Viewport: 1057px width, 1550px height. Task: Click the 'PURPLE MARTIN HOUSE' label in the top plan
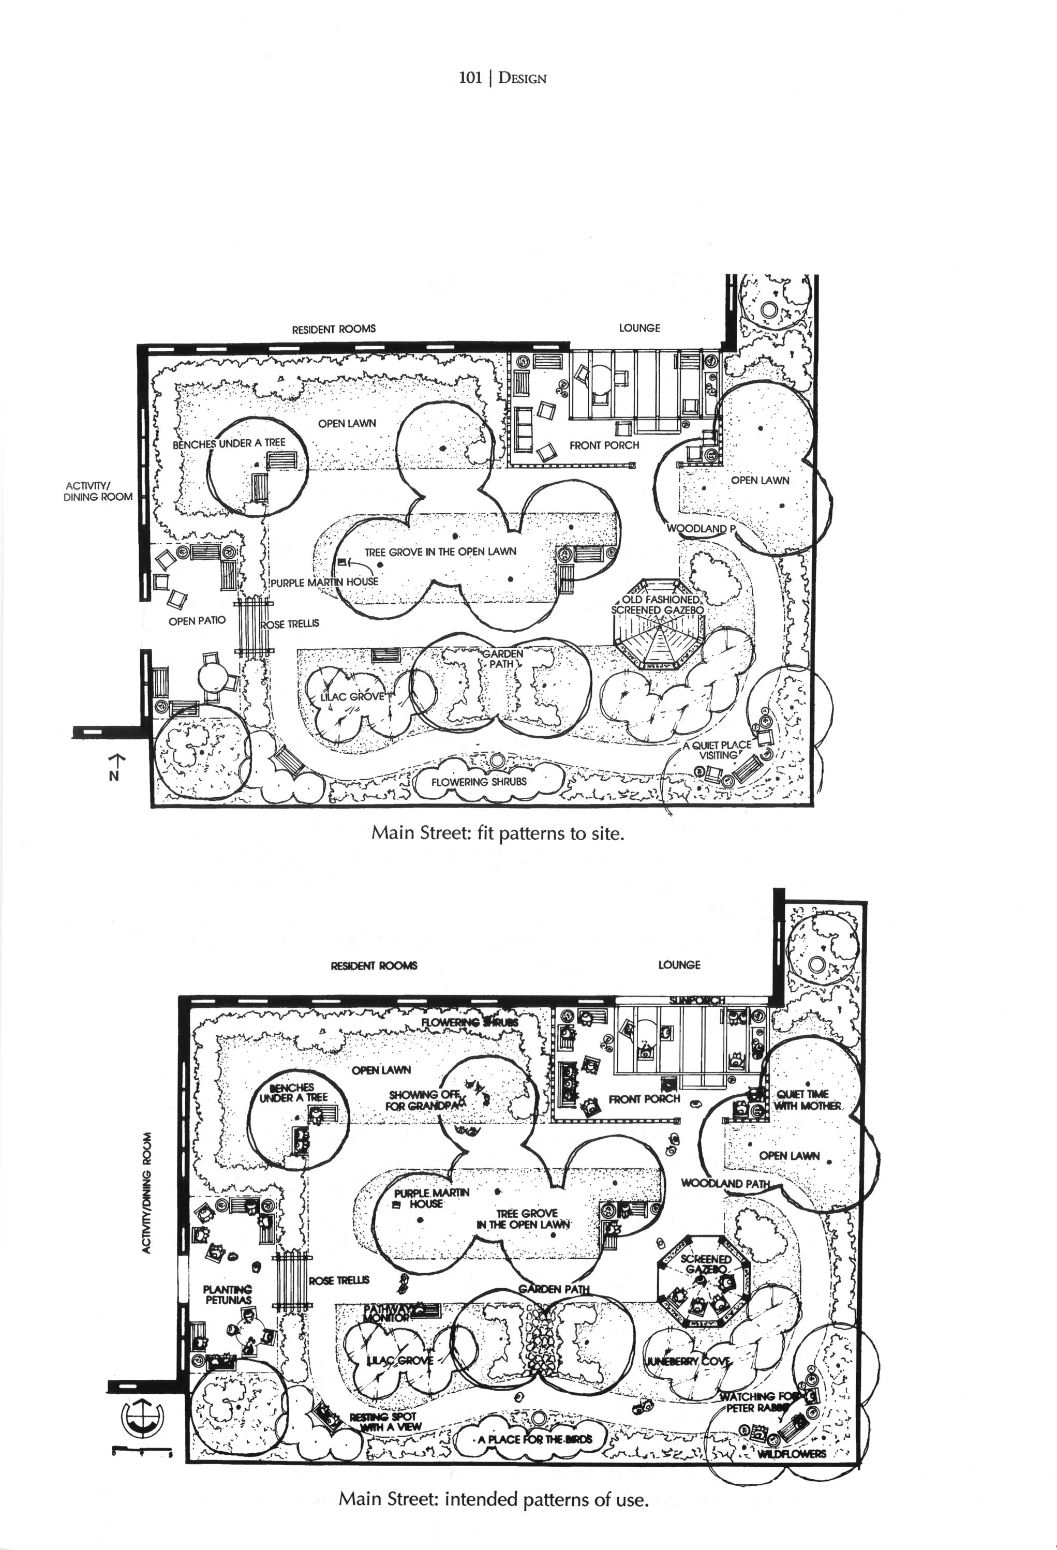[325, 582]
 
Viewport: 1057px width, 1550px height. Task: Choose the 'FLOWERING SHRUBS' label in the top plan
[479, 782]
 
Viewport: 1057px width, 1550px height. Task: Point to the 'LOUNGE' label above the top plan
[639, 328]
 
